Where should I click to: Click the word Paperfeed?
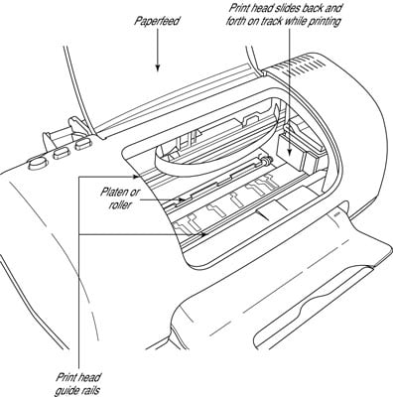point(157,21)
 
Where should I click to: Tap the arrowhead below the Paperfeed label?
point(158,67)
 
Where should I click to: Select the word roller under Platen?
point(120,205)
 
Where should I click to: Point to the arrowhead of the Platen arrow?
point(182,199)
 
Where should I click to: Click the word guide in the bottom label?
point(67,390)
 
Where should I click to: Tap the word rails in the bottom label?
point(90,390)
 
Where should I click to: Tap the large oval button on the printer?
point(37,163)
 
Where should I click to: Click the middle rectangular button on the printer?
point(62,153)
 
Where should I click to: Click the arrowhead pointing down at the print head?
point(290,151)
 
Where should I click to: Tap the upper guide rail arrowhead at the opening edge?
point(134,177)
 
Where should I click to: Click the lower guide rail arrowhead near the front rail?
point(203,234)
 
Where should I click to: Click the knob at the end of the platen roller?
point(267,161)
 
